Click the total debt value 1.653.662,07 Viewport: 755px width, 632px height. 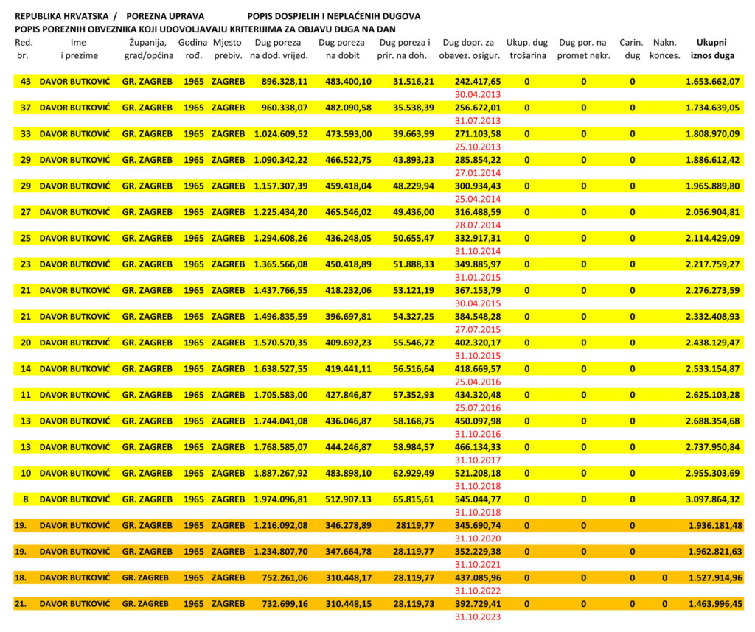pos(711,81)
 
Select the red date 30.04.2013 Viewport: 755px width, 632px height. pos(478,94)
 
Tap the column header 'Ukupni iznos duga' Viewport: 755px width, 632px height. pos(712,49)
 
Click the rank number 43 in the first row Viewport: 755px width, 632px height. pos(26,81)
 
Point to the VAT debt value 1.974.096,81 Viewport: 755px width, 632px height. pos(280,499)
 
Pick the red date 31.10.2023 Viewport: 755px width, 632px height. pos(478,617)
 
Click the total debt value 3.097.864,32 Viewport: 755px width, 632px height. pos(711,499)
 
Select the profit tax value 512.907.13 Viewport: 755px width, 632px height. pos(348,499)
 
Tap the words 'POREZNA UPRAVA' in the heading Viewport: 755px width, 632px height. pos(165,15)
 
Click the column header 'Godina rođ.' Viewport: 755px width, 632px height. pos(193,49)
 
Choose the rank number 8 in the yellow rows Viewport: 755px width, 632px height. pos(26,499)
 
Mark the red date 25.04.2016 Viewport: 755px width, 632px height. pos(478,382)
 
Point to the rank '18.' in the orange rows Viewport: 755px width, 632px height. pos(21,577)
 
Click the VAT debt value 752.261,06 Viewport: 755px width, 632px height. pos(280,577)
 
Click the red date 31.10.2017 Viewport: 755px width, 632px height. pos(478,460)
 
